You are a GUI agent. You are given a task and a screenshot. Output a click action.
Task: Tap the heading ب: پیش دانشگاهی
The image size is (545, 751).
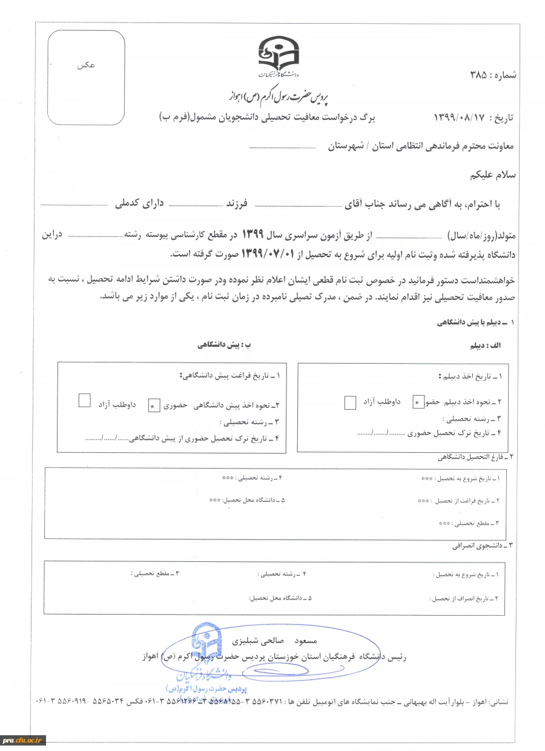223,345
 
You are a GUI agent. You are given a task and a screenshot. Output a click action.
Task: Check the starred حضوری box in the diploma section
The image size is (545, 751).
418,402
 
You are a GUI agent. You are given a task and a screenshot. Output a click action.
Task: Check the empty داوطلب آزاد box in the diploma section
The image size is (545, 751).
350,402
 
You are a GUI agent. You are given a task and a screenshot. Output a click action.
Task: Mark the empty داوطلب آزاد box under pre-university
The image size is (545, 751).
85,400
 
